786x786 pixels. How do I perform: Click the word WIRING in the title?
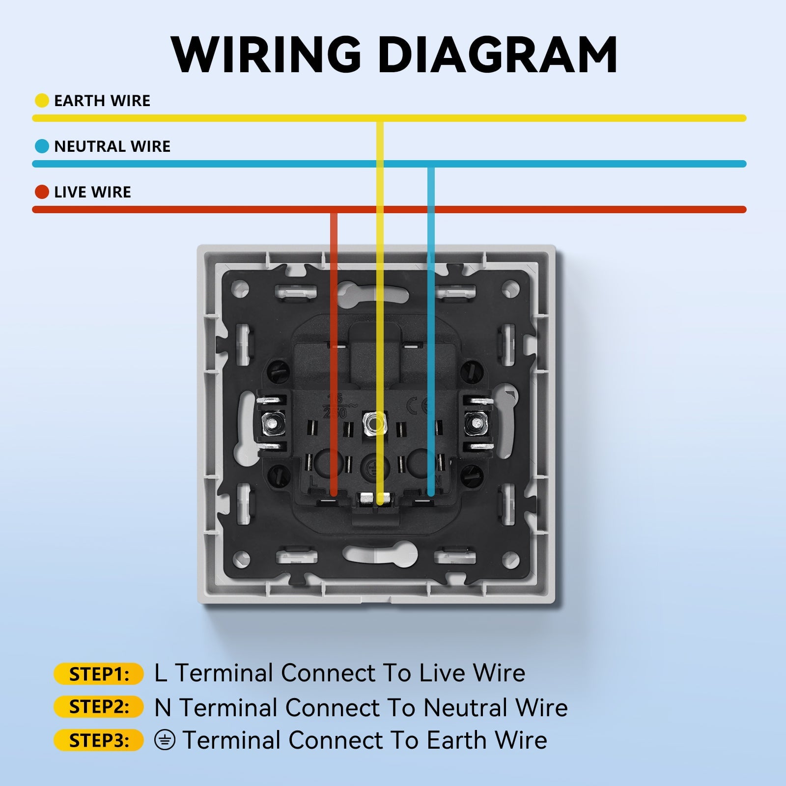[x=266, y=55]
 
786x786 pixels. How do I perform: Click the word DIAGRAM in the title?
[x=497, y=55]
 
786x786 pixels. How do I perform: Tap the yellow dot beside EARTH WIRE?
[x=42, y=101]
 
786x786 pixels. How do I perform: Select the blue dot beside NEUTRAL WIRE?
[x=42, y=146]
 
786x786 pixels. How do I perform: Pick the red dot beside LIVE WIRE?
[x=42, y=192]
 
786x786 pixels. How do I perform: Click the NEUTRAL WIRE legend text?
[x=112, y=146]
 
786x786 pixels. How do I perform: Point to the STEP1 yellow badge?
[x=98, y=674]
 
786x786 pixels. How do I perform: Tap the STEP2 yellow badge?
[x=98, y=707]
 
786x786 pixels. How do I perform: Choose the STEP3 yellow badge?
[x=98, y=740]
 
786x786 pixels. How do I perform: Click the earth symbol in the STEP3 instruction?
[x=165, y=740]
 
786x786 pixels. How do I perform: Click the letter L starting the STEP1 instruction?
[x=160, y=674]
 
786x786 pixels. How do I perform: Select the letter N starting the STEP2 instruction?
[x=163, y=708]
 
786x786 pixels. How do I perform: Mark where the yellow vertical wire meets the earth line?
[x=380, y=118]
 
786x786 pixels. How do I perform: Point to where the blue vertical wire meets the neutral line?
[x=431, y=164]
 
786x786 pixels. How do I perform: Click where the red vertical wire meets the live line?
[x=334, y=210]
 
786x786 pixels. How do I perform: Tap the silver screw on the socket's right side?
[x=475, y=422]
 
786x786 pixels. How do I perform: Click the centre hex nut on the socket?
[x=373, y=421]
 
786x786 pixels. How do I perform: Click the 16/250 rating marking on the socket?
[x=335, y=406]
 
